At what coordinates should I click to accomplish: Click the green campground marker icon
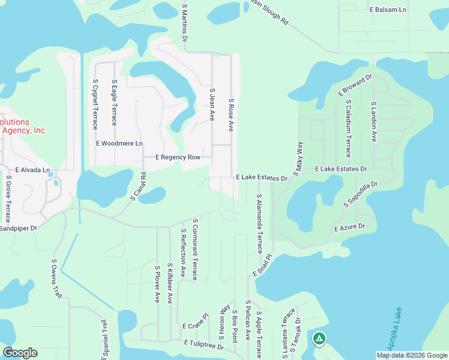[x=320, y=340]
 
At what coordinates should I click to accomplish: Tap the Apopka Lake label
[x=393, y=333]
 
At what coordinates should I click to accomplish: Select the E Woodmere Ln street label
[x=119, y=144]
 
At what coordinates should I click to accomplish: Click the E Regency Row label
[x=178, y=157]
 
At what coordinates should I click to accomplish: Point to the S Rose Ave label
[x=231, y=115]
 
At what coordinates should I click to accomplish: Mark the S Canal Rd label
[x=139, y=187]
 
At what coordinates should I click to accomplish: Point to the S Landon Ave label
[x=373, y=121]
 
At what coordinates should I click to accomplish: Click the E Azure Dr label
[x=349, y=228]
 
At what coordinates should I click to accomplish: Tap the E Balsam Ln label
[x=388, y=10]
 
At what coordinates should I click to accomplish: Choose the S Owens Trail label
[x=56, y=278]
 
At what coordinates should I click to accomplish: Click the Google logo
[x=20, y=353]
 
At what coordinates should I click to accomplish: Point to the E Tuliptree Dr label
[x=204, y=344]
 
